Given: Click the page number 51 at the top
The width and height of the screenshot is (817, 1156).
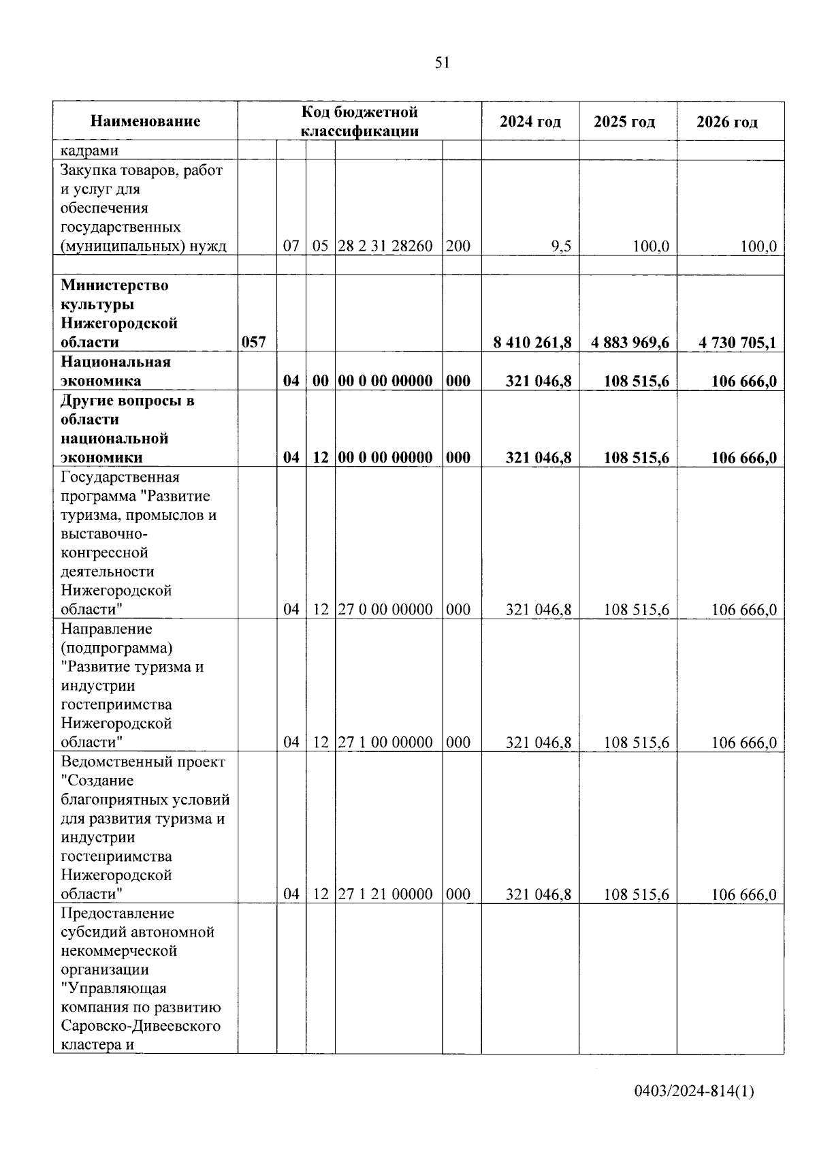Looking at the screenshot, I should tap(442, 63).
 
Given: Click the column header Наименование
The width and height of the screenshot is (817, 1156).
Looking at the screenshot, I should tap(145, 121).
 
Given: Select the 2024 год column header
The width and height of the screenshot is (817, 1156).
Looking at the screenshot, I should tap(530, 122).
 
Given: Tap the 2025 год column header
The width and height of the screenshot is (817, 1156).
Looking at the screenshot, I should tap(624, 122).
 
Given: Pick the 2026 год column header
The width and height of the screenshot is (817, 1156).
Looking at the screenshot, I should tap(726, 122).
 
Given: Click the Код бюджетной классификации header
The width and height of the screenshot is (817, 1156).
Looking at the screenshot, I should tap(359, 121).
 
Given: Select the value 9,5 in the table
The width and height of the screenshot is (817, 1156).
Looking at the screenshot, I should tap(561, 246).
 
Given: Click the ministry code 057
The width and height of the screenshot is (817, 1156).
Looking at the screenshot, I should tap(254, 342).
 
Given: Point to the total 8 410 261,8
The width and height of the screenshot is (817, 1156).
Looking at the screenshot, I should tap(532, 342).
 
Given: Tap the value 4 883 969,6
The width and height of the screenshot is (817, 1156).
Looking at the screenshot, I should tap(630, 342).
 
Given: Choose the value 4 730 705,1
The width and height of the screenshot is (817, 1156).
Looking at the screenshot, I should tap(737, 342).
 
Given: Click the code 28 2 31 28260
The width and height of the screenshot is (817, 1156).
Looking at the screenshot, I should tap(385, 246).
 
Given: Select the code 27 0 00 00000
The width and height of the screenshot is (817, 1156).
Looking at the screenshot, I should tap(385, 609).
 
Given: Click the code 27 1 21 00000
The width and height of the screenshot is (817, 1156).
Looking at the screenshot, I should tap(385, 894).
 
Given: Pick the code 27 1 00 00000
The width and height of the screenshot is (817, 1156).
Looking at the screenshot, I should tap(385, 742).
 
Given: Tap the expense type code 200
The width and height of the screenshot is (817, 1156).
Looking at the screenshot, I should tap(458, 246).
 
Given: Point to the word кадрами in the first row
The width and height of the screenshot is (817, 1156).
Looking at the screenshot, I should tap(89, 151).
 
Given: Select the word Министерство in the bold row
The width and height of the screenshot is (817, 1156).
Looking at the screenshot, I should tap(114, 285).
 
